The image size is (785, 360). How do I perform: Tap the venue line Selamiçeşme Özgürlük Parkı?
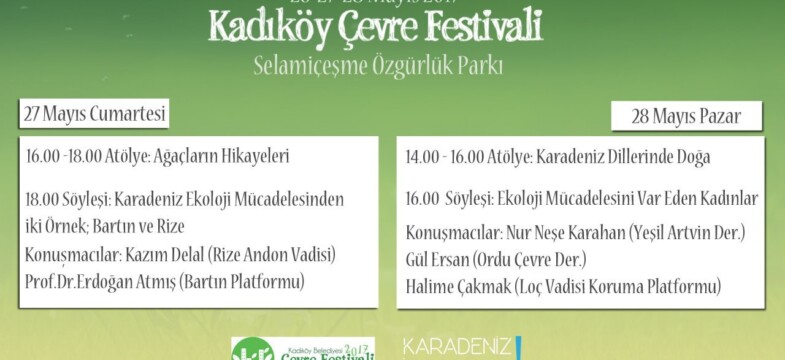(376, 67)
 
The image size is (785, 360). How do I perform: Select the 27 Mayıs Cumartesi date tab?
(94, 114)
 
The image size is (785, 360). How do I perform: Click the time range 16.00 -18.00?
(64, 157)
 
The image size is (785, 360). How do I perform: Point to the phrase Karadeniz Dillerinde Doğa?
(624, 157)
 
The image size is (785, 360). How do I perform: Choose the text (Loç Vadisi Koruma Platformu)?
(619, 287)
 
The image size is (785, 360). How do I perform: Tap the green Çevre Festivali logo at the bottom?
(302, 349)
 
